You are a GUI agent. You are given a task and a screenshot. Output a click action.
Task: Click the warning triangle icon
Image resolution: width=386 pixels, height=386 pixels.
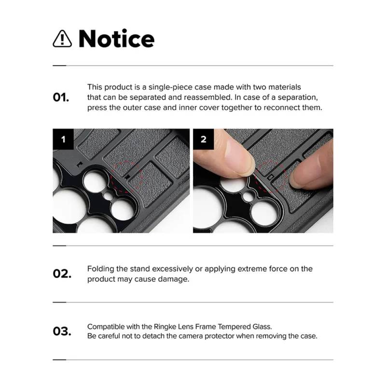click(62, 39)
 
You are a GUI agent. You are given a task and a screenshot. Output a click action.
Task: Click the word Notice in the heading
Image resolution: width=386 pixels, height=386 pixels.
click(116, 39)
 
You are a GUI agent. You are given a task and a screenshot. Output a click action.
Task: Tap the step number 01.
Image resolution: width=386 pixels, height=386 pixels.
click(61, 97)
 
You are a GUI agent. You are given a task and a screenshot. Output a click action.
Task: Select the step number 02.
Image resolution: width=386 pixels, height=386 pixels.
click(62, 274)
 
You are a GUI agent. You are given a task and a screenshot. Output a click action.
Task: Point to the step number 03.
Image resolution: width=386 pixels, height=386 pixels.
click(62, 331)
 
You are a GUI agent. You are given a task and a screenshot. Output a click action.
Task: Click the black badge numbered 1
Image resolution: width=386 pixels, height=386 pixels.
click(63, 139)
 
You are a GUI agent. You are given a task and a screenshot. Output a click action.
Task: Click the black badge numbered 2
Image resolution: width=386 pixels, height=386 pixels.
click(204, 139)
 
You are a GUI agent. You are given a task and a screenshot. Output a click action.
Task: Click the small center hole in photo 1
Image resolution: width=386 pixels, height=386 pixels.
click(108, 196)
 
